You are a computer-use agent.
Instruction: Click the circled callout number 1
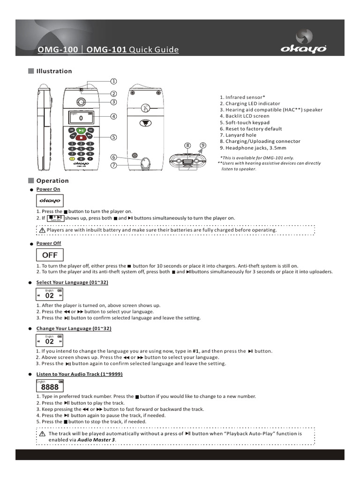[113, 81]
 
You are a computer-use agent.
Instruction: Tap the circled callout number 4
[113, 116]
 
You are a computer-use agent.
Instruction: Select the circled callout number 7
[113, 165]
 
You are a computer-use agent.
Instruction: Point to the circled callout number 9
[202, 145]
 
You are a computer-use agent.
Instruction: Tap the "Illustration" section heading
[54, 71]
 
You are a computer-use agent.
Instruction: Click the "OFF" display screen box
[50, 255]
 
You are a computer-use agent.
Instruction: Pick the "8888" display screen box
[50, 386]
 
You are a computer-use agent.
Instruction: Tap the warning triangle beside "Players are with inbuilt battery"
[42, 230]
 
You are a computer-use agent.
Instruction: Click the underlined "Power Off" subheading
[49, 243]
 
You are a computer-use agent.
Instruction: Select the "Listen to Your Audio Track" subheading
[80, 374]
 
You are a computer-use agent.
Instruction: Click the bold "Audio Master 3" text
[96, 440]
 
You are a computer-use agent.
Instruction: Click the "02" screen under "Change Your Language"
[49, 340]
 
